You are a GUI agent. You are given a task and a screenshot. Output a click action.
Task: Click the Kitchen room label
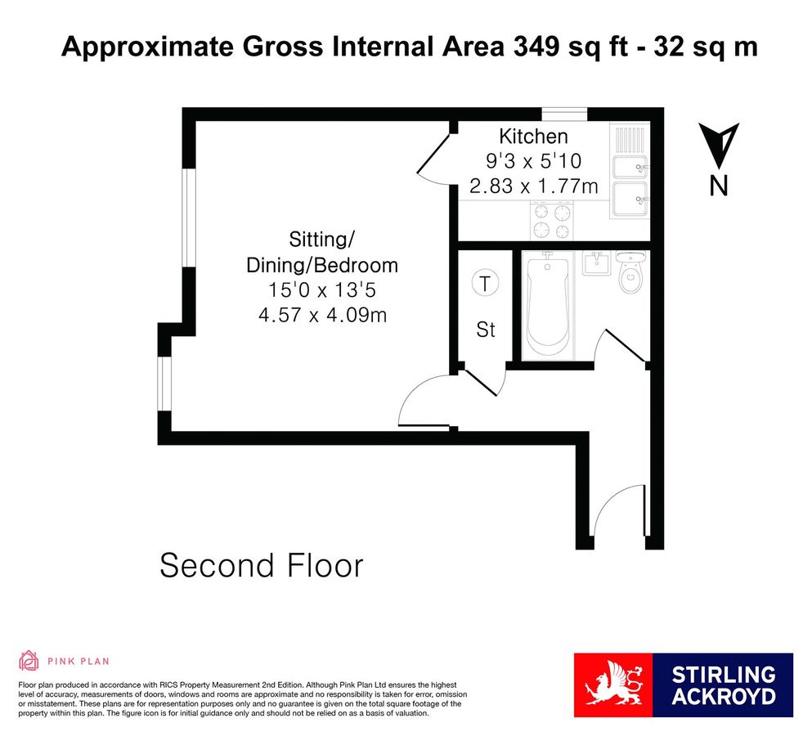pos(533,137)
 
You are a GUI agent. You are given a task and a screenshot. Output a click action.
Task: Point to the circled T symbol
pos(486,285)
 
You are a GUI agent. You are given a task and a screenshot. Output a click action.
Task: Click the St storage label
pos(486,330)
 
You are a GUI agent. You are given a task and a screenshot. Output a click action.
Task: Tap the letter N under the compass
pos(718,186)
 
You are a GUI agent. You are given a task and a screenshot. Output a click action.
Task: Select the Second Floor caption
pos(261,565)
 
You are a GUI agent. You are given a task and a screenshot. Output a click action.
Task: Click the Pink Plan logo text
pos(78,661)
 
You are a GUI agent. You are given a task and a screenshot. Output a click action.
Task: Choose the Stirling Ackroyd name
pos(723,685)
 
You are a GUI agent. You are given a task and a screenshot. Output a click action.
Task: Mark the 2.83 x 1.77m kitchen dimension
pos(533,186)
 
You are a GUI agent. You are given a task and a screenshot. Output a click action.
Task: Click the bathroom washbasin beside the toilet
pos(594,263)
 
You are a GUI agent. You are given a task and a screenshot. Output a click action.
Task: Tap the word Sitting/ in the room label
pos(321,240)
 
